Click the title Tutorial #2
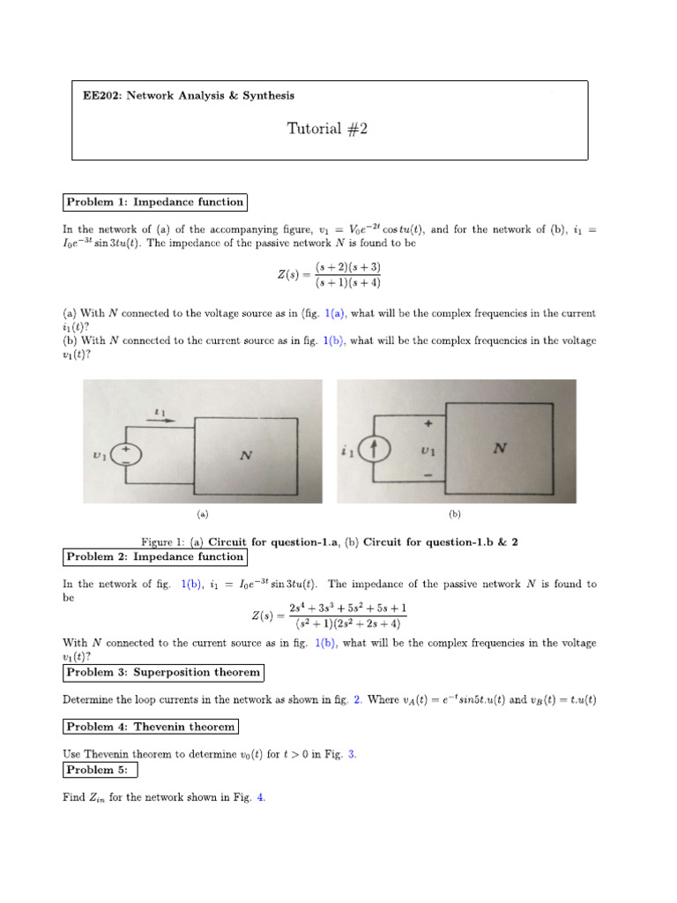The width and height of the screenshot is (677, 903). pos(326,129)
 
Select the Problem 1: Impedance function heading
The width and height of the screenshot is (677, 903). pos(154,202)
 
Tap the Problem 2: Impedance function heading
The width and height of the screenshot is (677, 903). pos(154,556)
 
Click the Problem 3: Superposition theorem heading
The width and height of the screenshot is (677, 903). pos(163,672)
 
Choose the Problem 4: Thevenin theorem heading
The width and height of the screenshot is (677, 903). pos(151,727)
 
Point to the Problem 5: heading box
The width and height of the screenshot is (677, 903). pos(100,770)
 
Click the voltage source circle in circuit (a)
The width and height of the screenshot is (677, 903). pos(125,455)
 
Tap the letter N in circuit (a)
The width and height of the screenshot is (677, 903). pos(246,456)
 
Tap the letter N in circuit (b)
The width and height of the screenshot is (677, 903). pos(500,448)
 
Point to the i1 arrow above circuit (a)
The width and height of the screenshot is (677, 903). pos(160,419)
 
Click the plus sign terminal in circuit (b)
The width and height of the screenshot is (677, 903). pos(428,423)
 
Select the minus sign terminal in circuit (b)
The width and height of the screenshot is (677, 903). pos(428,476)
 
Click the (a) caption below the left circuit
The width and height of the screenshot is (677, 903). pos(202,512)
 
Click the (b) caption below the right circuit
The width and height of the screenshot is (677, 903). pos(454,512)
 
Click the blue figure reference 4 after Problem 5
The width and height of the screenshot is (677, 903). pos(260,797)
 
